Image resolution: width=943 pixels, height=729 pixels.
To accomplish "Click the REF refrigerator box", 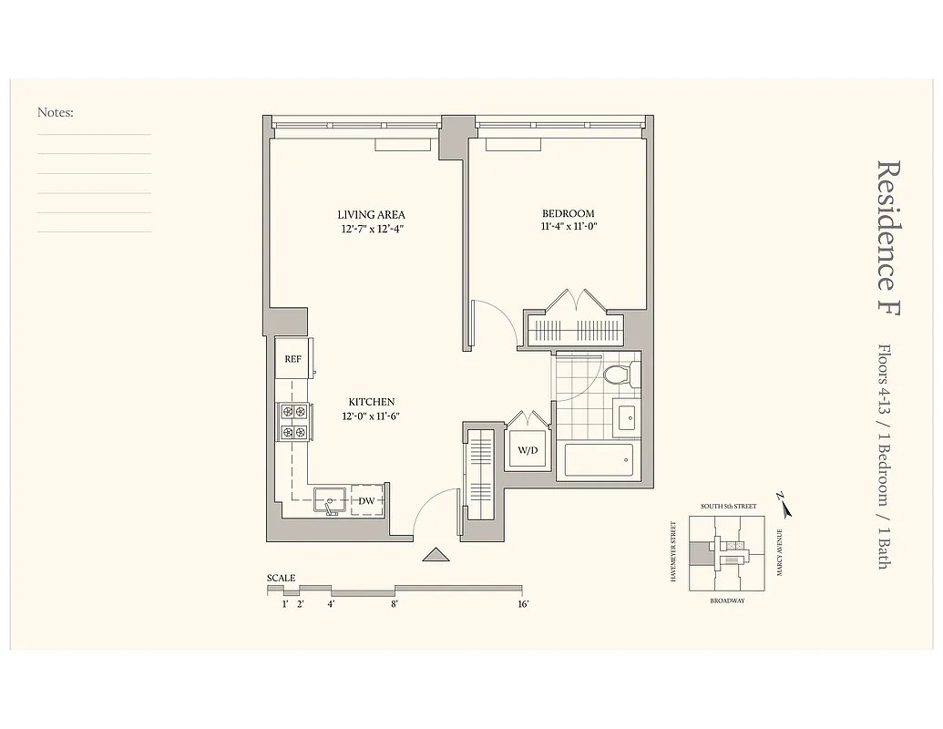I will click(292, 359).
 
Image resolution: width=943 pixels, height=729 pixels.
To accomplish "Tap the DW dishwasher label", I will click(365, 500).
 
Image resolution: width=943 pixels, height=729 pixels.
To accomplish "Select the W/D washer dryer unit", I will click(528, 449).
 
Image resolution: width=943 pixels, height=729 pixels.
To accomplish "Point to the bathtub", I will click(599, 460).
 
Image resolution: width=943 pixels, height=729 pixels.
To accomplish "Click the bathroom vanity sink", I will click(628, 418).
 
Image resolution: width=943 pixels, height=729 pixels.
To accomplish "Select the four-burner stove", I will click(293, 422).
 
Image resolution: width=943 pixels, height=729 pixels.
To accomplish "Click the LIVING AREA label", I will click(371, 215).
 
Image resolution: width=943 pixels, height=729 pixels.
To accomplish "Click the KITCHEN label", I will click(371, 402).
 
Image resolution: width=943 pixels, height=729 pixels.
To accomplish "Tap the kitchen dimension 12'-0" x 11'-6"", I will click(371, 416).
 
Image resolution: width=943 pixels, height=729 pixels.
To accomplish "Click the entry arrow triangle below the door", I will click(436, 554).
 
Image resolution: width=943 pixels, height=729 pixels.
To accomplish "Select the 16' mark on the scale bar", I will click(523, 603).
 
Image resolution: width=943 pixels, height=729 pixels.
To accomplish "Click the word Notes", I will click(55, 113).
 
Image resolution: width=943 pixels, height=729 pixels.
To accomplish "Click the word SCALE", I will click(281, 578).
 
